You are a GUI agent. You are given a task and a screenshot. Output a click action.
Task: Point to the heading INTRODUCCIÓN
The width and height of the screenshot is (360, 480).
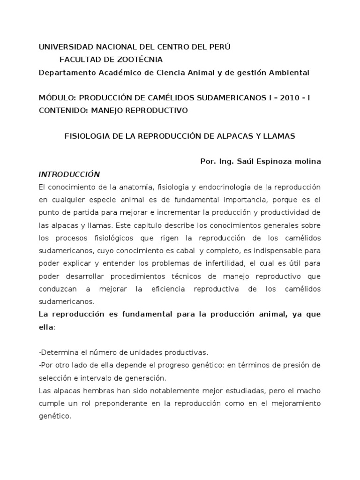click(x=69, y=174)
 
